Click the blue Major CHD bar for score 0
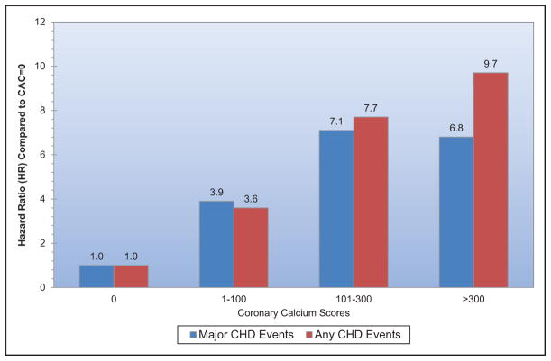point(96,275)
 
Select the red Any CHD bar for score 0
point(131,275)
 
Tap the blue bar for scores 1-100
point(216,244)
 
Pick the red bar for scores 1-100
point(251,248)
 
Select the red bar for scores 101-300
point(371,202)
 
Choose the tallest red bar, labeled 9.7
point(491,180)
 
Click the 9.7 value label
point(491,64)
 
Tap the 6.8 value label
point(456,128)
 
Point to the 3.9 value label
point(216,192)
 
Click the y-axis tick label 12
point(40,22)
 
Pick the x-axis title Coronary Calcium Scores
point(293,312)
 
